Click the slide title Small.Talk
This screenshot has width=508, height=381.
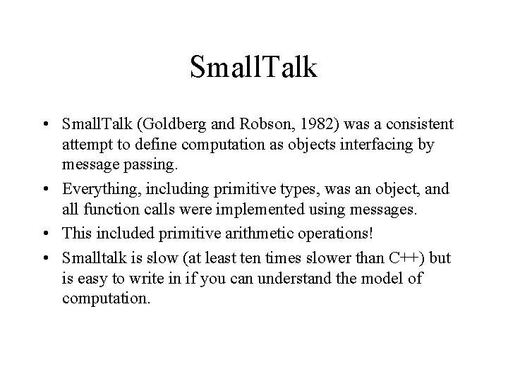[254, 68]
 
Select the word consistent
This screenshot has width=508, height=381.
[413, 124]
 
